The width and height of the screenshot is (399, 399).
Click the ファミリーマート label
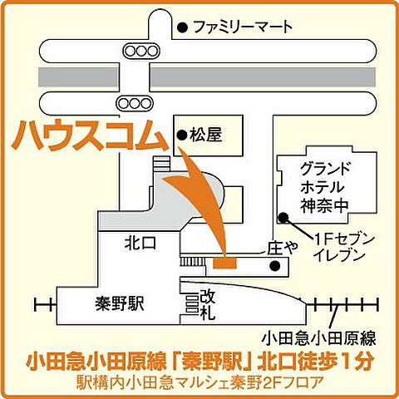pyautogui.click(x=243, y=27)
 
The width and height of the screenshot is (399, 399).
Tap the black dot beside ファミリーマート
pyautogui.click(x=181, y=27)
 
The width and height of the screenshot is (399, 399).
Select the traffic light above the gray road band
pyautogui.click(x=142, y=51)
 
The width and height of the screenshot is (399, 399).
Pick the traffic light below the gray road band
pyautogui.click(x=133, y=103)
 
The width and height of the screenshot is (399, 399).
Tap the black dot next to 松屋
pyautogui.click(x=180, y=133)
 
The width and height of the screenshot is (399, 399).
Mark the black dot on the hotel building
pyautogui.click(x=283, y=218)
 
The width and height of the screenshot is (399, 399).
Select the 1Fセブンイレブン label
pyautogui.click(x=338, y=247)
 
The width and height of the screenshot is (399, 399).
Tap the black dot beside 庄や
pyautogui.click(x=275, y=267)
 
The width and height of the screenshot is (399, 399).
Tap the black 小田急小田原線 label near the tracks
pyautogui.click(x=318, y=338)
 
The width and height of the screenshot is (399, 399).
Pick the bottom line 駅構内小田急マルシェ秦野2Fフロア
pyautogui.click(x=199, y=383)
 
